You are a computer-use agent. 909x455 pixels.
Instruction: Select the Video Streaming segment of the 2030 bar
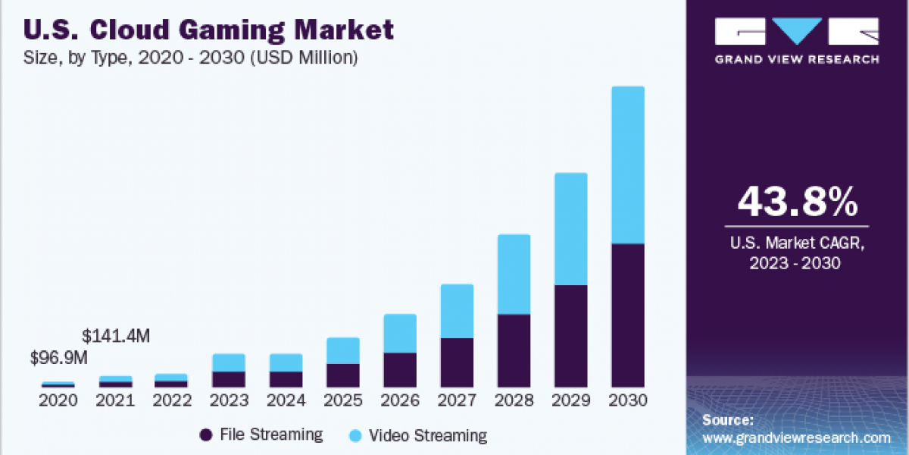pyautogui.click(x=628, y=165)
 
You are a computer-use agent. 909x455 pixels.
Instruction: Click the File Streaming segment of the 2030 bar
pyautogui.click(x=628, y=315)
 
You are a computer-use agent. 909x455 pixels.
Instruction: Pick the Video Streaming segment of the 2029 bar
pyautogui.click(x=571, y=228)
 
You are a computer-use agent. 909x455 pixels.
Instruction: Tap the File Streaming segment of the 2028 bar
pyautogui.click(x=514, y=350)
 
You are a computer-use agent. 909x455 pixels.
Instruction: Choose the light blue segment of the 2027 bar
pyautogui.click(x=457, y=311)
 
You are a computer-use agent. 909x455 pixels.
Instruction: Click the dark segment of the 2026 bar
pyautogui.click(x=399, y=369)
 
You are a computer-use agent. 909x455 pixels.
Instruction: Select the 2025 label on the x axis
pyautogui.click(x=342, y=400)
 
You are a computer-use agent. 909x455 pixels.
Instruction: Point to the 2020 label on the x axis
pyautogui.click(x=58, y=400)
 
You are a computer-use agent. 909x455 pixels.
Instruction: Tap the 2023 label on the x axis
pyautogui.click(x=229, y=400)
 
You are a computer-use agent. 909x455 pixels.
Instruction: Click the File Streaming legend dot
pyautogui.click(x=205, y=435)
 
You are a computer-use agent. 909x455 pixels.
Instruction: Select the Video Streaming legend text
pyautogui.click(x=428, y=435)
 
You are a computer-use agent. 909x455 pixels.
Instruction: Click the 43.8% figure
pyautogui.click(x=797, y=202)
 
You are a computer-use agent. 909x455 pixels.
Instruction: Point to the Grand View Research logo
pyautogui.click(x=797, y=39)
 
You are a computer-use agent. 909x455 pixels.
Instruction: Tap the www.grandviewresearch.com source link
pyautogui.click(x=796, y=438)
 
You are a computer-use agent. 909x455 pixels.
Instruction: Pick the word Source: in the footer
pyautogui.click(x=728, y=419)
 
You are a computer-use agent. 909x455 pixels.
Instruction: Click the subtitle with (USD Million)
pyautogui.click(x=191, y=58)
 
